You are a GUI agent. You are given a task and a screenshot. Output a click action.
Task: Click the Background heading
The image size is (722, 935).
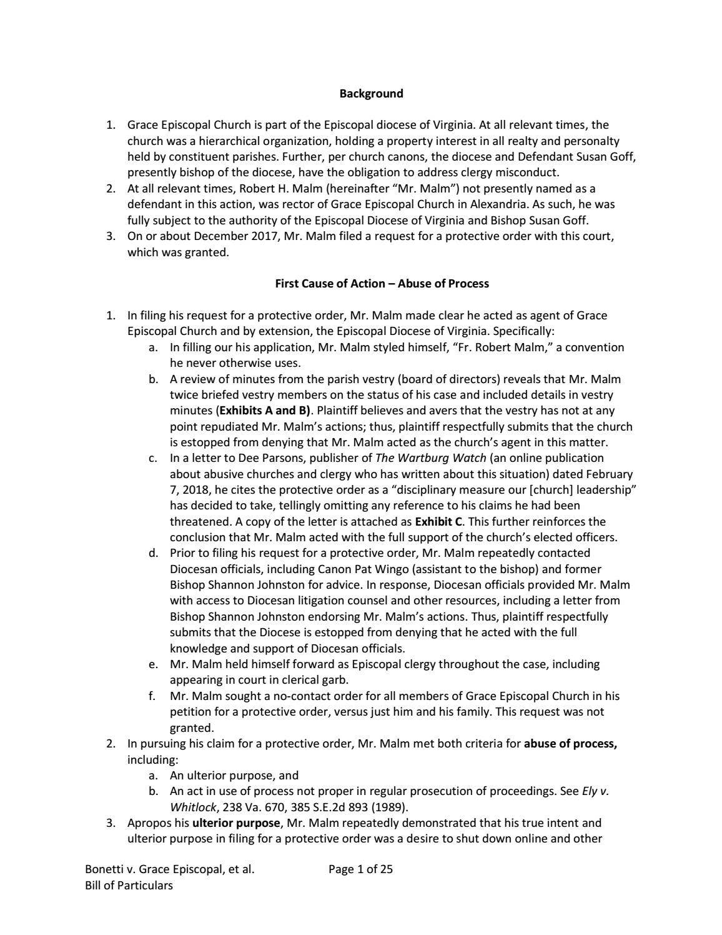371,94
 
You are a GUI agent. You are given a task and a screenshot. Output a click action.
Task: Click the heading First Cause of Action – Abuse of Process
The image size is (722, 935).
382,284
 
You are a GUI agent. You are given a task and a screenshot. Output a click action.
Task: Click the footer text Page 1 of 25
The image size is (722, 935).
360,869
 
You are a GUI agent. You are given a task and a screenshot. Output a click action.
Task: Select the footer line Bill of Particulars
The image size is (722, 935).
129,885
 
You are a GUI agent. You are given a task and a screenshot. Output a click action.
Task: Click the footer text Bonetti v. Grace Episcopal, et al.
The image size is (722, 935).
169,869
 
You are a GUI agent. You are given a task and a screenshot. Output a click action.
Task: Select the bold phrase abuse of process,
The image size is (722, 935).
570,744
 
